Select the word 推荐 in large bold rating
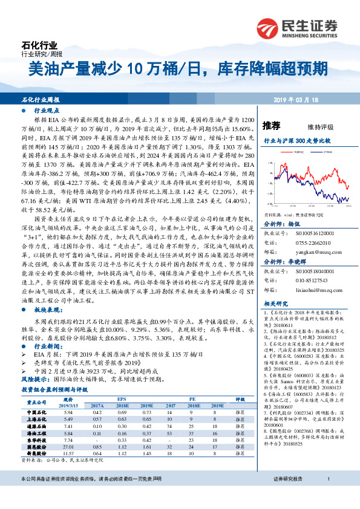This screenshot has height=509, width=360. [272, 126]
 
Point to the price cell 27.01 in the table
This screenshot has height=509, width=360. [68, 446]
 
